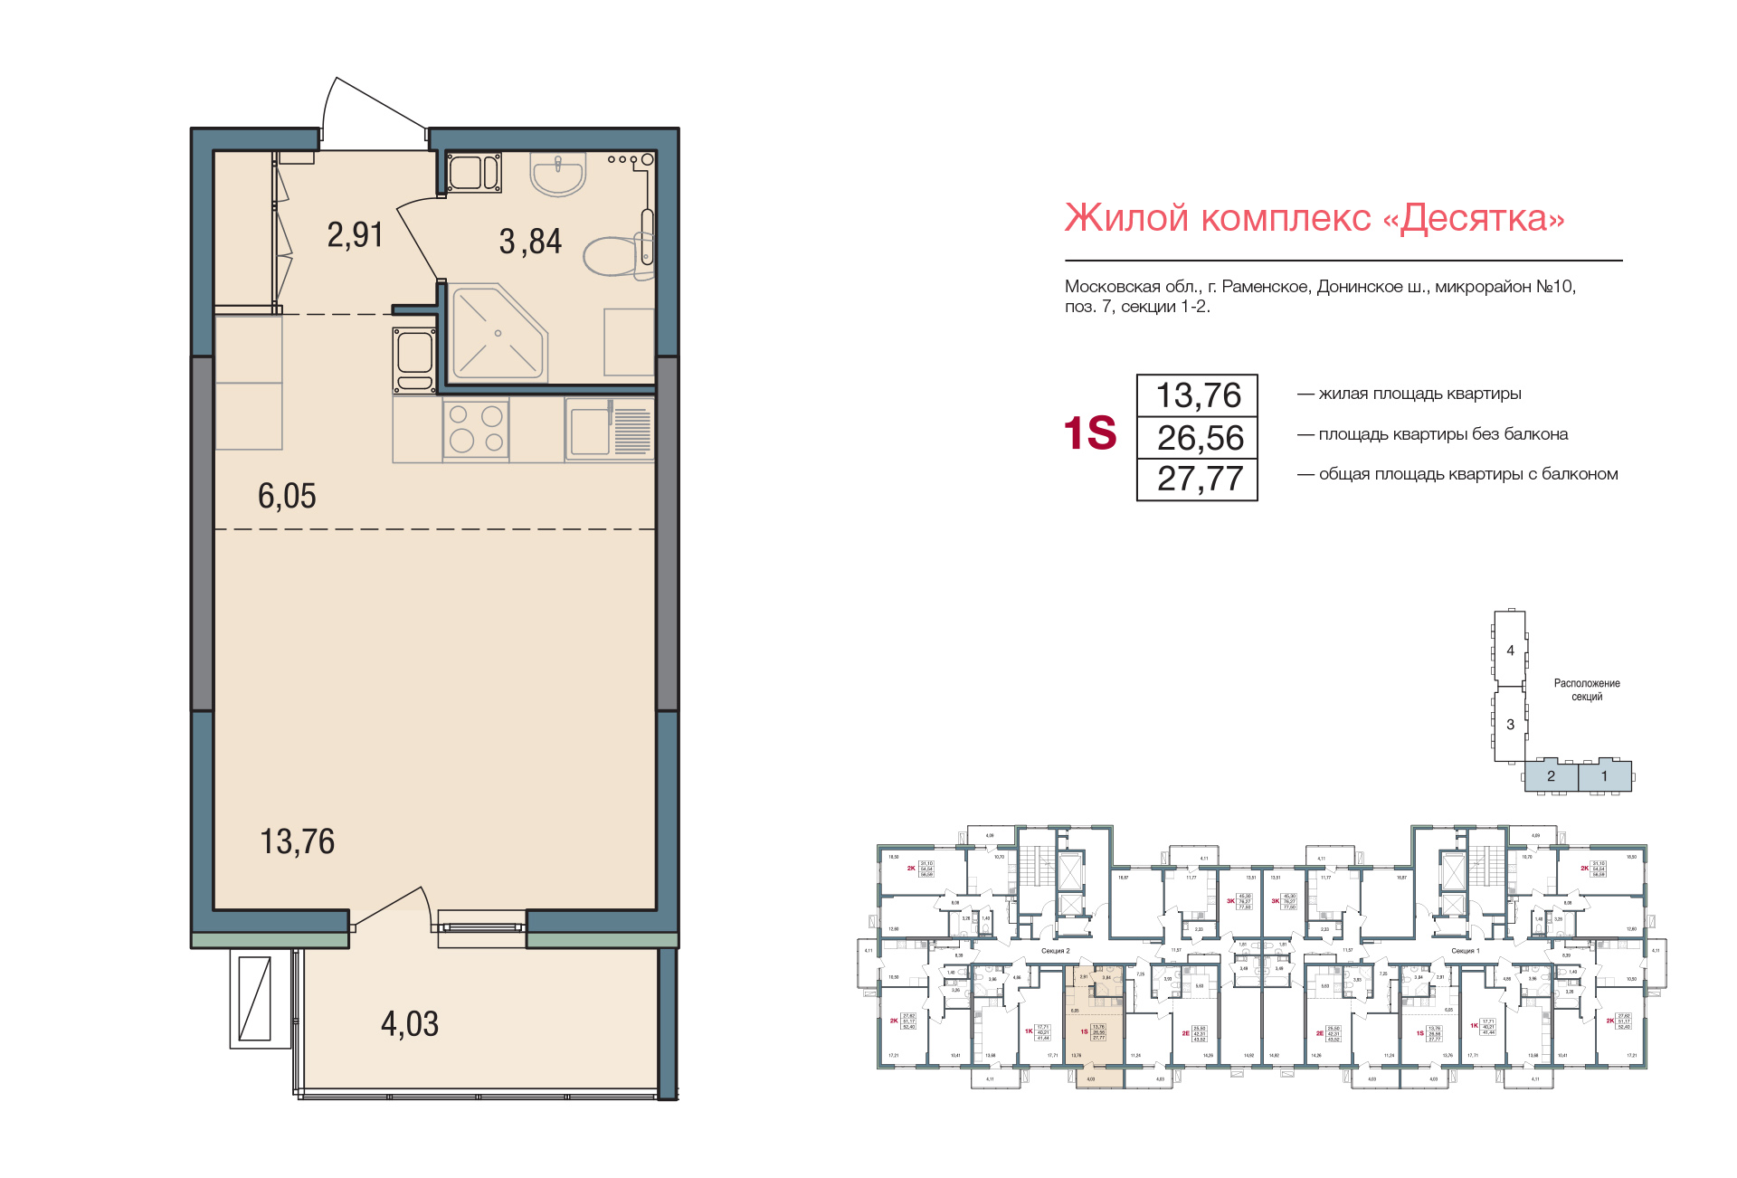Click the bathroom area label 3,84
[530, 242]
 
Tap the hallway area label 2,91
[355, 235]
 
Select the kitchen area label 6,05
[287, 496]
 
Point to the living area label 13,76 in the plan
[297, 841]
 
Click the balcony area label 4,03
[410, 1024]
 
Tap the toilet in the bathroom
[615, 255]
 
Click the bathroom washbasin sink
[558, 174]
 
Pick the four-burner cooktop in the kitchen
[476, 429]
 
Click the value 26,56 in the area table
[1200, 438]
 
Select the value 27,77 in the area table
[1200, 479]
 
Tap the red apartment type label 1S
[1090, 433]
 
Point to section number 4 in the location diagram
[1510, 650]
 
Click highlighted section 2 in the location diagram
[1551, 776]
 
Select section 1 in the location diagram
[1604, 776]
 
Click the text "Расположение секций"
[1587, 689]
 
